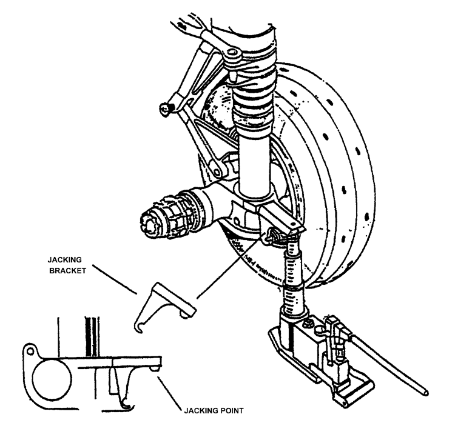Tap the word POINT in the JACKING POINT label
point(230,410)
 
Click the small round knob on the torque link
point(164,108)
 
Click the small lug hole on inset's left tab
point(28,350)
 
